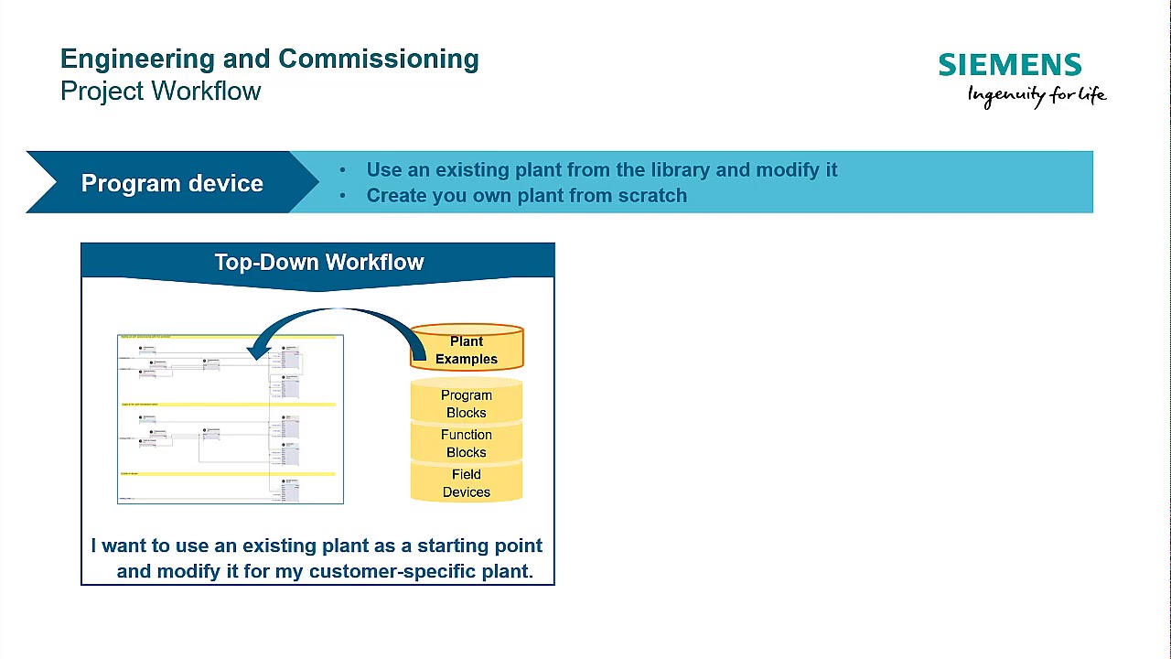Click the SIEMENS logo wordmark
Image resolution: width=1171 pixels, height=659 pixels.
[x=1009, y=65]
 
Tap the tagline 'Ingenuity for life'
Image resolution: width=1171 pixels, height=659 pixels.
[x=1037, y=95]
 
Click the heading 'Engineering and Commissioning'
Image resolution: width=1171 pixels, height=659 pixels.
[x=269, y=59]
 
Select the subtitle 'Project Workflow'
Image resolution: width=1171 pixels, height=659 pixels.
[x=161, y=92]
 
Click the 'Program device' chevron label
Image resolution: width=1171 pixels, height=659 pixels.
[x=172, y=183]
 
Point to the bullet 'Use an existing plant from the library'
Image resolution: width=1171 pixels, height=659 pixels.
[x=601, y=170]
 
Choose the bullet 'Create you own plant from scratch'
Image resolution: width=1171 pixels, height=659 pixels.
[x=526, y=195]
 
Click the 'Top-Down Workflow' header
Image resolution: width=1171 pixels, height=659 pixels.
[x=318, y=263]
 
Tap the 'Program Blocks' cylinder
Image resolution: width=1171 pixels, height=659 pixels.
[x=467, y=404]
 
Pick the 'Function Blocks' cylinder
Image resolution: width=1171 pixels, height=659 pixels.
[x=467, y=443]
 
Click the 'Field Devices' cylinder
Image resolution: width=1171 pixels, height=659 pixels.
[x=467, y=482]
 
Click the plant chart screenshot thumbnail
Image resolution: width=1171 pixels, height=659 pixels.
[x=231, y=419]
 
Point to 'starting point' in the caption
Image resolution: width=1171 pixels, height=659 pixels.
[x=479, y=546]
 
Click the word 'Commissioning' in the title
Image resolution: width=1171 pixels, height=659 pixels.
[x=379, y=59]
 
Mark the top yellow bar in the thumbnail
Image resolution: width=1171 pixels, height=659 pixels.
[x=228, y=337]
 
